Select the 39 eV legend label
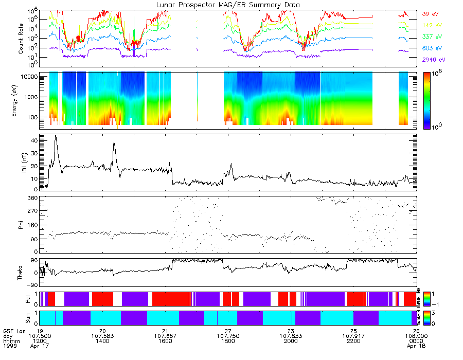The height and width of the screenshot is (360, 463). click(x=431, y=14)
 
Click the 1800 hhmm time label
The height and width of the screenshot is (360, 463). click(x=228, y=340)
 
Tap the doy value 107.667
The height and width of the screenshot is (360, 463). click(x=166, y=336)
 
